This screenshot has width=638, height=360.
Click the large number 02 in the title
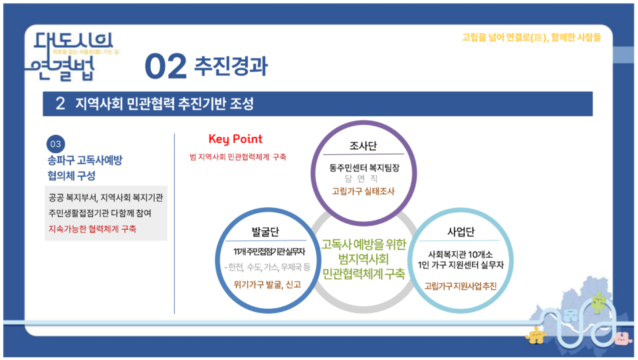point(165,66)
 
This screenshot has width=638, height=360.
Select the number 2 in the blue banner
point(60,104)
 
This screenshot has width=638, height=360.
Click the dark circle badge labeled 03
point(55,144)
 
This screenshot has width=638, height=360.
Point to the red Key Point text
point(235,139)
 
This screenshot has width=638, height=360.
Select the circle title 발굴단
point(265,232)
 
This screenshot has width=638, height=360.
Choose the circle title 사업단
point(460,232)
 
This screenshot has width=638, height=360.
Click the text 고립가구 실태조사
point(364,191)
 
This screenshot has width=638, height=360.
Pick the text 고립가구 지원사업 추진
point(461,286)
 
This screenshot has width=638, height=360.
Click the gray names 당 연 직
point(363,179)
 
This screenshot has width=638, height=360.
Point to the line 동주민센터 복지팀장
point(364,167)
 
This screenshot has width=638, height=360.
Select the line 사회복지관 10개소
point(461,253)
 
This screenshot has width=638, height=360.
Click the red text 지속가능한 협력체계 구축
point(92,228)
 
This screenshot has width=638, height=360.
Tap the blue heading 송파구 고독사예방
point(85,160)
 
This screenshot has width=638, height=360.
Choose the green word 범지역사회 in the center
point(363,258)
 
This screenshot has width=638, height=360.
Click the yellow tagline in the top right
point(531,37)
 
